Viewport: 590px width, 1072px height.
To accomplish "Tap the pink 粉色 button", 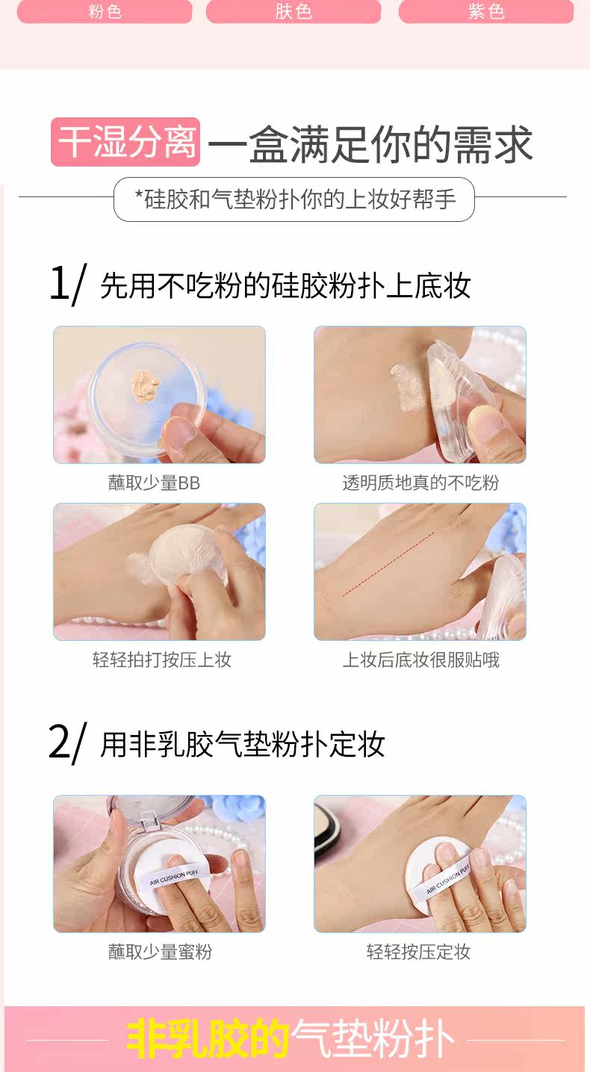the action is tap(105, 10).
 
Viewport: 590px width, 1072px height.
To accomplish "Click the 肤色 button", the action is tap(294, 10).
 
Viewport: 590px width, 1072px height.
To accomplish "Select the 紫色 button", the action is tap(486, 10).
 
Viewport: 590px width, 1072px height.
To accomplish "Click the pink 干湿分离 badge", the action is tap(125, 142).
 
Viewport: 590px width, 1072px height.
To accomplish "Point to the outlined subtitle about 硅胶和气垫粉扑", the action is tap(294, 199).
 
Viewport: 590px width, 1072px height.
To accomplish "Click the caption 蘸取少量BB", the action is tap(154, 483).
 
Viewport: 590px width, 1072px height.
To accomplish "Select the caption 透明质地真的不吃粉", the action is tap(420, 483).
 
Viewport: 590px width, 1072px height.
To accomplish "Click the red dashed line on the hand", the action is tap(388, 564).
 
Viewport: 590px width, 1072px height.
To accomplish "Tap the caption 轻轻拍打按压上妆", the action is tap(162, 660).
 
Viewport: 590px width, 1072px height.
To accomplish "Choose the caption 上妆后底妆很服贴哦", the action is tap(421, 660).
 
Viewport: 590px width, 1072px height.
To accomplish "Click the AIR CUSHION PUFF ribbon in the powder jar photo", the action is tap(173, 878).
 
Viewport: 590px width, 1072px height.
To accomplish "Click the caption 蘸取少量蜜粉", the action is tap(160, 952).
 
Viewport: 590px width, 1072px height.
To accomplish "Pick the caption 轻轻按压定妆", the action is tap(419, 952).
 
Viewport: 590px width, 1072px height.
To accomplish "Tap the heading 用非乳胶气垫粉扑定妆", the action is tap(243, 744).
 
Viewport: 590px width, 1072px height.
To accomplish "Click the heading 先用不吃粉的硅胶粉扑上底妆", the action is tap(286, 286).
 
